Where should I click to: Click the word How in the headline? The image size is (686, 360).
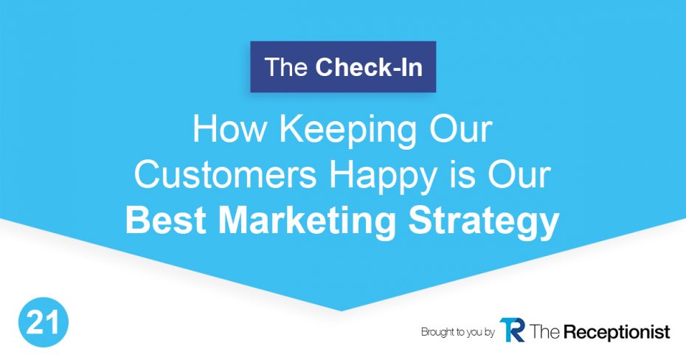pos(229,129)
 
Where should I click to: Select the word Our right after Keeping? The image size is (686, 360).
pos(462,129)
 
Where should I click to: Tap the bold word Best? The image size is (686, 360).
pos(166,220)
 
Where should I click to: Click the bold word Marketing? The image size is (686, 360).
pos(307,223)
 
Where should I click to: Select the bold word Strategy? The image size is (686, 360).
pos(483,223)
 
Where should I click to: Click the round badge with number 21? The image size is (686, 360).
pos(44,322)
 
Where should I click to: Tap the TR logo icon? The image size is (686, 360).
pos(512,330)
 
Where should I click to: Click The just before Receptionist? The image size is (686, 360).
pos(544,331)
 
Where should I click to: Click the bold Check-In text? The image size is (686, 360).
pos(369,67)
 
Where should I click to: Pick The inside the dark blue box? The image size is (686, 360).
pos(286,67)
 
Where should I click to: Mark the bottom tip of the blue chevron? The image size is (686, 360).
pos(342,311)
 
